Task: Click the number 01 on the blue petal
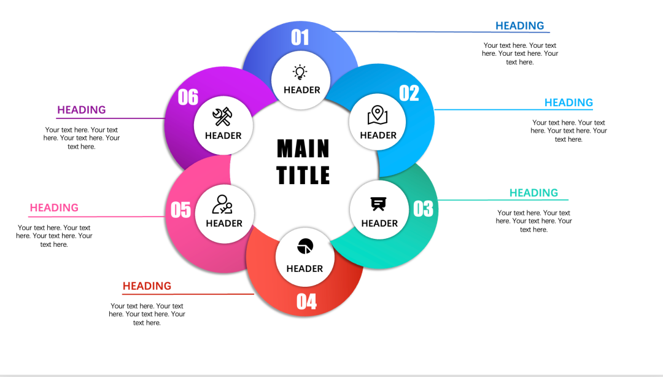pos(300,37)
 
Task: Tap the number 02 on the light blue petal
pos(409,93)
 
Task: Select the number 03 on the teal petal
pos(423,209)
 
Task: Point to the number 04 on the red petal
pos(306,301)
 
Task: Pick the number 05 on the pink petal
pos(180,210)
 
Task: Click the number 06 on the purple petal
pos(188,97)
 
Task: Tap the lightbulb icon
pos(300,72)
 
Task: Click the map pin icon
pos(378,115)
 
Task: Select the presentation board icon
pos(378,203)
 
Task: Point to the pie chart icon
pos(305,246)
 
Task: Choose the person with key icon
pos(222,204)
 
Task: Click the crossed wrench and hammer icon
pos(222,117)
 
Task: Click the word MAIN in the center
pos(303,149)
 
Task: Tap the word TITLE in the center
pos(303,175)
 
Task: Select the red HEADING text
pos(147,286)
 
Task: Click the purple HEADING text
pos(81,110)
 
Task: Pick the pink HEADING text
pos(54,208)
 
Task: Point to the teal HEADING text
pos(533,193)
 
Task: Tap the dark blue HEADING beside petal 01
pos(520,26)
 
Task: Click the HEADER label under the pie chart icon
pos(304,269)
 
